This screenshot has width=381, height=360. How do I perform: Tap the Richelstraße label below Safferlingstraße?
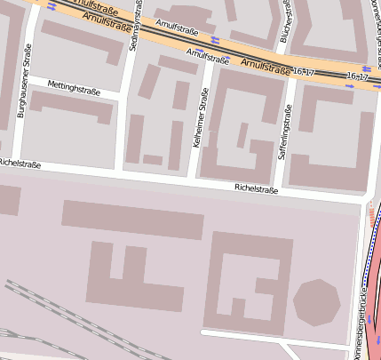coord(256,188)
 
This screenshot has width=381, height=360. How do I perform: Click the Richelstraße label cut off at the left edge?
coord(20,164)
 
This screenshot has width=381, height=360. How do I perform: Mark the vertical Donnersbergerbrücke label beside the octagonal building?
coord(362,316)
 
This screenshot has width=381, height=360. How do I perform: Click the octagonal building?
coord(316,302)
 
